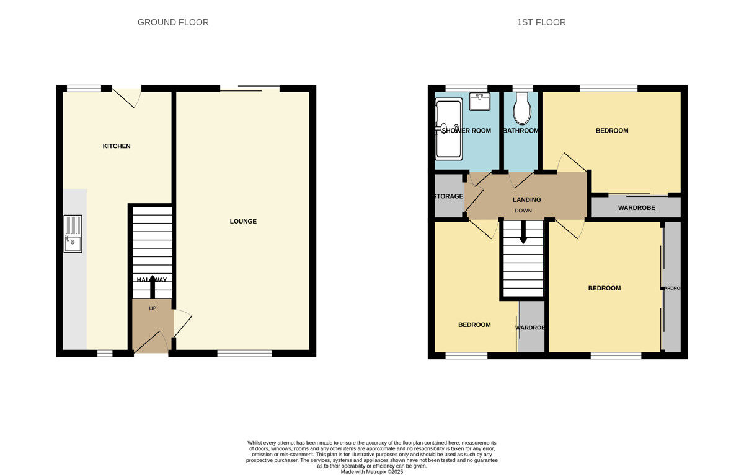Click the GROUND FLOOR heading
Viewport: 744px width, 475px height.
click(173, 22)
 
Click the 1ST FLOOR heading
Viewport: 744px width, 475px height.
click(541, 22)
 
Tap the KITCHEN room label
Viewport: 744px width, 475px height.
click(117, 146)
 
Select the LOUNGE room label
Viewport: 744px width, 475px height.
click(243, 221)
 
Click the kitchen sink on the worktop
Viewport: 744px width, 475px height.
click(73, 234)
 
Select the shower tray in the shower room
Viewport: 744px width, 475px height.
click(448, 129)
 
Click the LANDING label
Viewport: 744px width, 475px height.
click(526, 199)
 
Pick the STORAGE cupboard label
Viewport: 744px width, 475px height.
click(448, 196)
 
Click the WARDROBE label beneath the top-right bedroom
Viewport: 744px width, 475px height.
click(636, 207)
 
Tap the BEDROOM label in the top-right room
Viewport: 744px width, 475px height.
click(611, 131)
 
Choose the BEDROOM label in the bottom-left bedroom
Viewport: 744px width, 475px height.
click(474, 325)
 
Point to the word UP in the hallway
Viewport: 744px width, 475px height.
click(153, 308)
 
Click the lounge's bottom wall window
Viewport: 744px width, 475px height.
click(244, 354)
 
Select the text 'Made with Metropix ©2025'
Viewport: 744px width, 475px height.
click(372, 471)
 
